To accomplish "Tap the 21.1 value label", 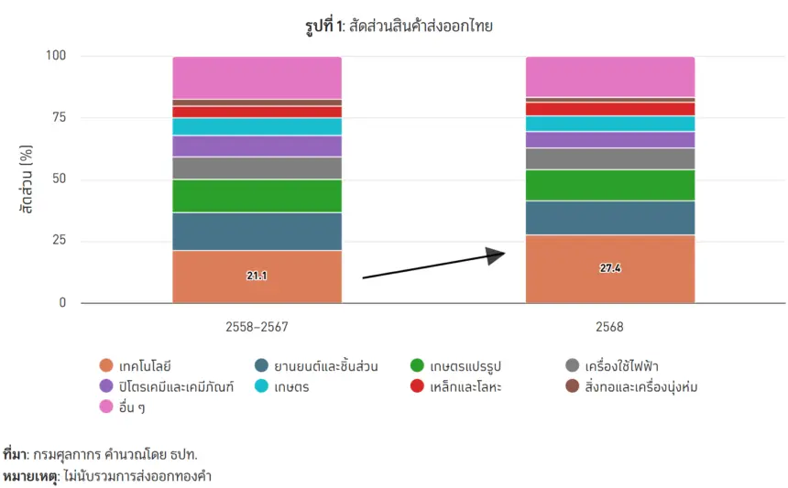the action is point(257,275).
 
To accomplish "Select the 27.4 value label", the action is point(610,267).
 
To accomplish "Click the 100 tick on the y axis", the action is point(56,55).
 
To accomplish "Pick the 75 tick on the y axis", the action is point(59,117).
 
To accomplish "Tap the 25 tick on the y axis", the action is point(59,240).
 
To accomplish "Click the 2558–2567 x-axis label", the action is point(257,327).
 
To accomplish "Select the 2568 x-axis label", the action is point(609,327).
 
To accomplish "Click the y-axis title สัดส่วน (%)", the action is point(27,179).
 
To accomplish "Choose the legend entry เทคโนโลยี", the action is point(136,365).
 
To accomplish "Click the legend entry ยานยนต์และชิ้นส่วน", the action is point(317,365).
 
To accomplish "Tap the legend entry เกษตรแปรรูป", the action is point(456,365).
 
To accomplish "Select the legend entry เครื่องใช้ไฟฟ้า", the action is point(612,365).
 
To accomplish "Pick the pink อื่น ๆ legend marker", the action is point(106,407).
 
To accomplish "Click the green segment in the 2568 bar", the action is point(610,185).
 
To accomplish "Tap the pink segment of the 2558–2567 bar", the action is point(257,78).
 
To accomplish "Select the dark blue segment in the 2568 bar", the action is point(610,218).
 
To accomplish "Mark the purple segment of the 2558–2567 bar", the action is point(257,146).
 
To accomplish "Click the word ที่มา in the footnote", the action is point(15,454).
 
